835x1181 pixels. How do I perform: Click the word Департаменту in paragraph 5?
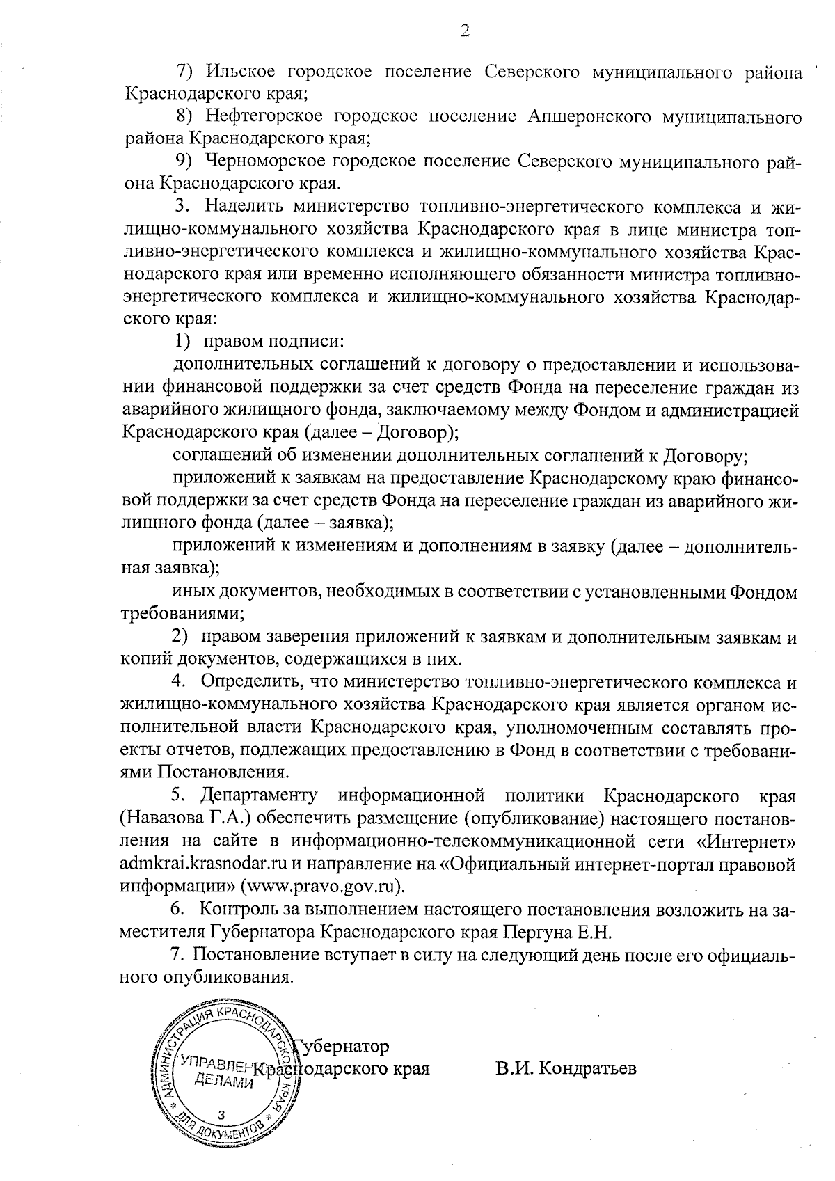(259, 795)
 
